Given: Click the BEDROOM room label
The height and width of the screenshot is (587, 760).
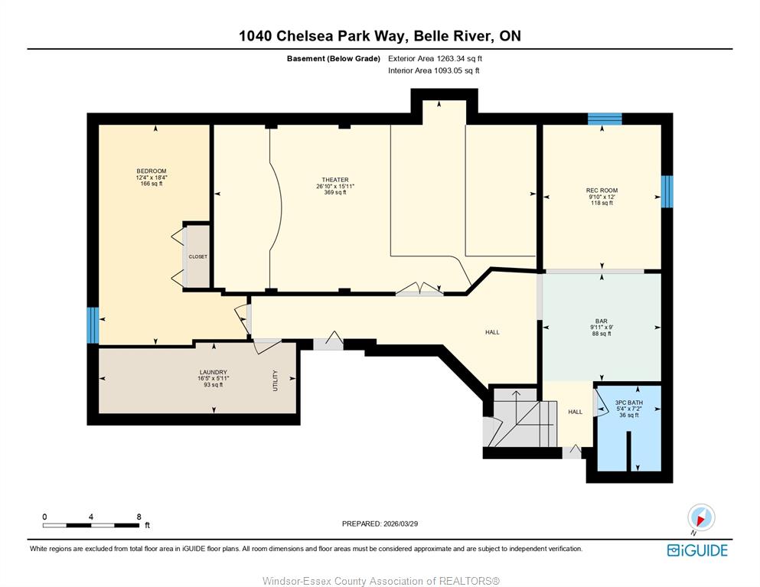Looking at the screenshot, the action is click(152, 171).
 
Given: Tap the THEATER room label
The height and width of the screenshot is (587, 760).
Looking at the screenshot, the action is click(335, 180).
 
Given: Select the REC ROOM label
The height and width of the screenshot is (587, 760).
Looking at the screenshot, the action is click(602, 191).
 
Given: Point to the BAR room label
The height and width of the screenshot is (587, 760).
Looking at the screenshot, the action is click(602, 321).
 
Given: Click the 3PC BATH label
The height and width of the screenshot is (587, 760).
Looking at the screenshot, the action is click(628, 403).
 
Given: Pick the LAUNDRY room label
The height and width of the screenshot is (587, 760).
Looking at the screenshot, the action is click(214, 372).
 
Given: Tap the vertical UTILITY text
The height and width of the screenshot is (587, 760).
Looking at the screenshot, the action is click(276, 380).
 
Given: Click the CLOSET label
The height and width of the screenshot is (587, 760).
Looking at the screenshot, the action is click(197, 256).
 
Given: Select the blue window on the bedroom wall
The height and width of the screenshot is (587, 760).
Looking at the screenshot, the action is click(93, 324).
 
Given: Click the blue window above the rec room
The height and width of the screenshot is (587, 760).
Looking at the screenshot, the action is click(605, 119).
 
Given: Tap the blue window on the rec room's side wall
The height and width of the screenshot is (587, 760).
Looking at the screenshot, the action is click(667, 191).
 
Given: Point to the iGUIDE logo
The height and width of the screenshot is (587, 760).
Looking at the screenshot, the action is click(697, 550).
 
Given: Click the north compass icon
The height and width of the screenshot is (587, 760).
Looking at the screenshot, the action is click(701, 517).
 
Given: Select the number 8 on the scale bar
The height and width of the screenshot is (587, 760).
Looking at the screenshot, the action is click(139, 517).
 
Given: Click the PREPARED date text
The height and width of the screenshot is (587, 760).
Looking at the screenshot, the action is click(380, 523).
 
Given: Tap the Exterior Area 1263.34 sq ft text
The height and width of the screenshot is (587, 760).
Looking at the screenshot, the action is click(435, 59).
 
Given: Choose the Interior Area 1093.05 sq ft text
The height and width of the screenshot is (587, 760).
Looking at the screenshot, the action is click(434, 70).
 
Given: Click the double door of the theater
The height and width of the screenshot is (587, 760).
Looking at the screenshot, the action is click(419, 289).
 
